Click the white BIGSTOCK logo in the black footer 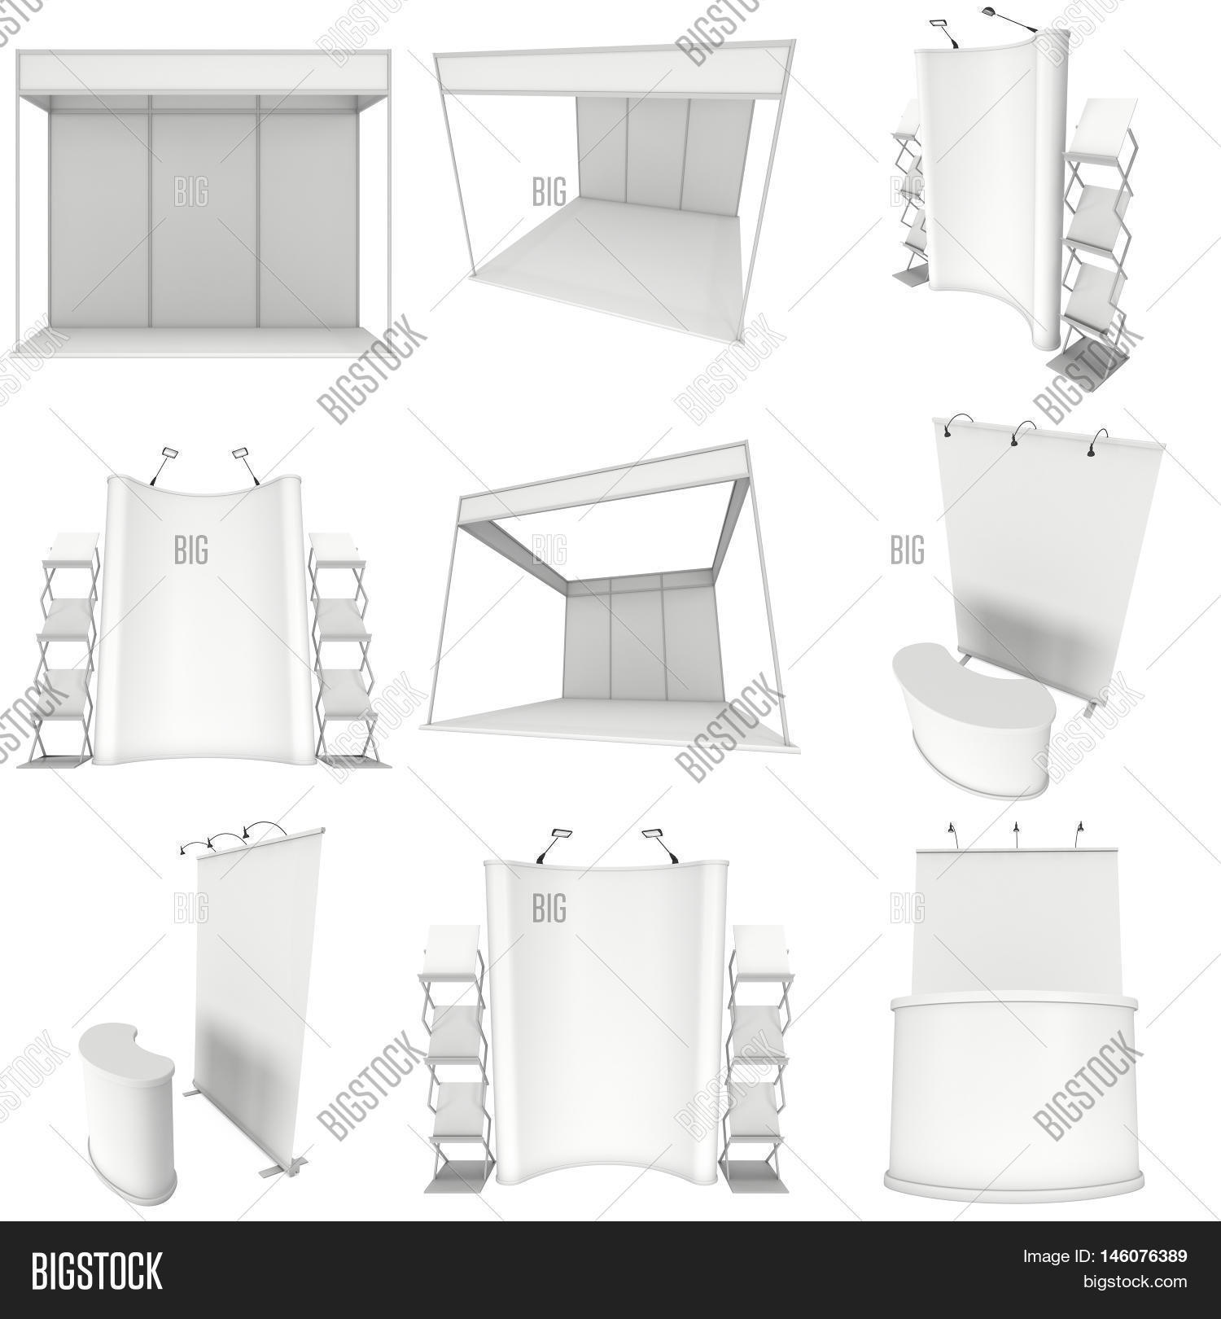click(x=97, y=1271)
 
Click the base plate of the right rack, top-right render click(x=1087, y=359)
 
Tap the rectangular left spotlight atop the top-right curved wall click(x=938, y=22)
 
